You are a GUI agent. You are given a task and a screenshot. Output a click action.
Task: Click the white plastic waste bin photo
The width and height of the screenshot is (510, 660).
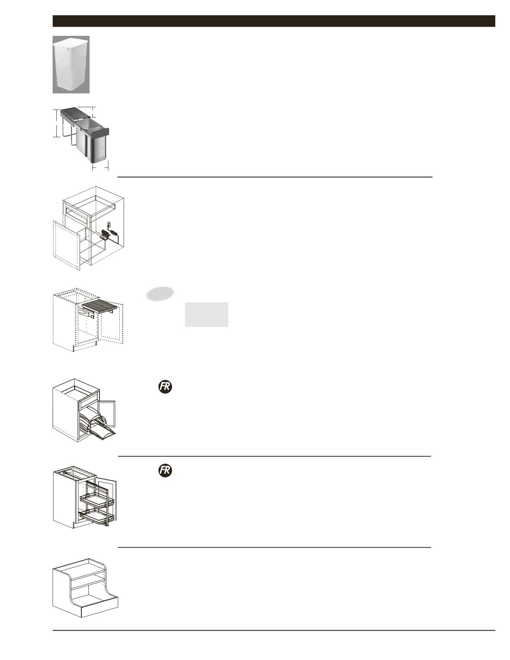71,64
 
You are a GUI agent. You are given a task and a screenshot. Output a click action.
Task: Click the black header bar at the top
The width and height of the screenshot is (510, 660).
274,21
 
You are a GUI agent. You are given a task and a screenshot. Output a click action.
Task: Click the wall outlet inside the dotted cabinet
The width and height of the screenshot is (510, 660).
108,225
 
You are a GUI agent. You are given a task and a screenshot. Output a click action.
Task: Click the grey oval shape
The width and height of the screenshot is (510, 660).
160,293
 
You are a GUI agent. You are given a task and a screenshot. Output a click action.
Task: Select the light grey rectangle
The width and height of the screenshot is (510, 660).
207,315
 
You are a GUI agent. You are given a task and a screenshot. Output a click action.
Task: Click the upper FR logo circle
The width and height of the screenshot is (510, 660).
165,387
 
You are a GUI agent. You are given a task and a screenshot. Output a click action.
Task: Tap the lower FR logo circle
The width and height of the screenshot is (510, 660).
165,471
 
